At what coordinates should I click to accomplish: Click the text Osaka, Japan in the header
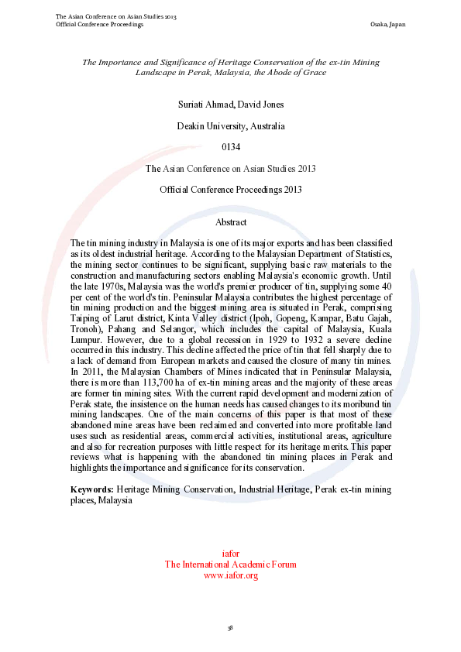click(x=388, y=24)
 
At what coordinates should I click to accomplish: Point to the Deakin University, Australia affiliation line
click(x=230, y=125)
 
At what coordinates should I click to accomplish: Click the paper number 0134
click(x=230, y=146)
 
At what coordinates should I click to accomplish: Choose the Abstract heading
click(x=230, y=222)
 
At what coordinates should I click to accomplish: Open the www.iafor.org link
click(x=230, y=575)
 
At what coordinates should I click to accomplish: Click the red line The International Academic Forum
click(x=230, y=564)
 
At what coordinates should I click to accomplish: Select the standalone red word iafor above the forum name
click(x=230, y=554)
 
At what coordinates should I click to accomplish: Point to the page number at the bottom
click(x=230, y=626)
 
